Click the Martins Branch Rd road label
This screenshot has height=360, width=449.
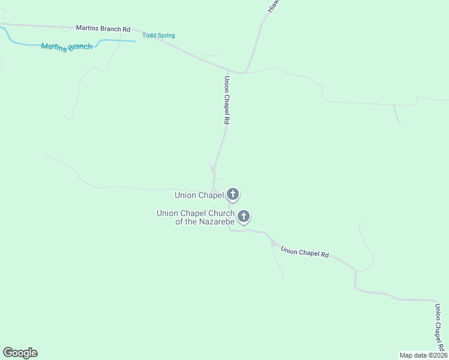click(103, 28)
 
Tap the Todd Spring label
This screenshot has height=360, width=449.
click(158, 35)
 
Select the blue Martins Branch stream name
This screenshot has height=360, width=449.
click(67, 46)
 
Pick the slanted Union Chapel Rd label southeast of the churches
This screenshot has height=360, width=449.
click(304, 253)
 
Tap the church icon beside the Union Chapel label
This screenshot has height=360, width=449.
click(233, 194)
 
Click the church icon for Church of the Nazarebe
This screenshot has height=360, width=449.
click(244, 216)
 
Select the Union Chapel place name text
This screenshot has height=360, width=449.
click(199, 195)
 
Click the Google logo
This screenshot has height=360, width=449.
click(20, 353)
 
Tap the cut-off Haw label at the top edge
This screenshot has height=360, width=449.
click(274, 6)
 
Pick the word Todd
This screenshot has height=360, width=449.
click(149, 35)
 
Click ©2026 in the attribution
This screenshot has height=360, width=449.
click(437, 355)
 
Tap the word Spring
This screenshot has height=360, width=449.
click(166, 35)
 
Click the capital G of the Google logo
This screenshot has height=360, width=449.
click(8, 353)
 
